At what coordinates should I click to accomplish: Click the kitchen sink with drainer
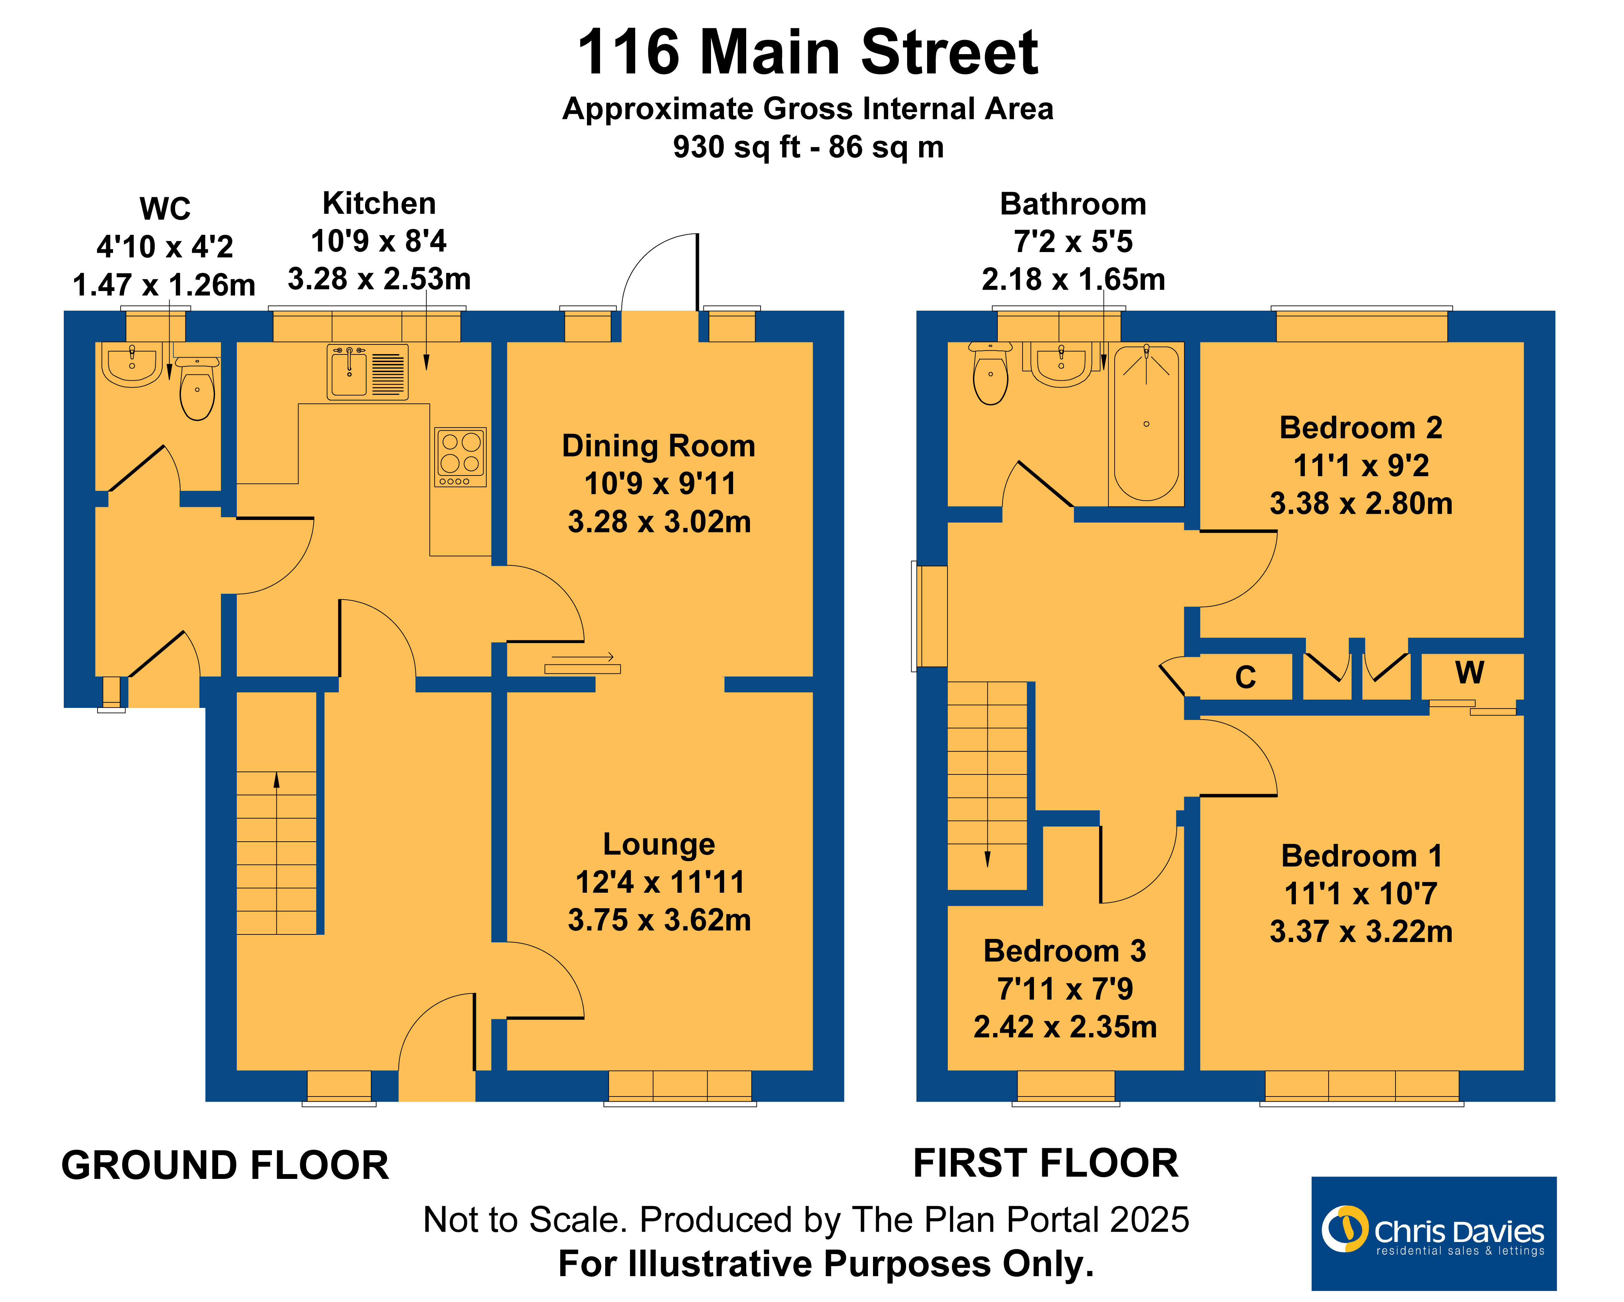[368, 371]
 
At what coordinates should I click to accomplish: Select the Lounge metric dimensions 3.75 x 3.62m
[659, 920]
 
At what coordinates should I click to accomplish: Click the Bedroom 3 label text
[1064, 951]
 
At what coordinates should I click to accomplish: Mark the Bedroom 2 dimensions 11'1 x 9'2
[1361, 465]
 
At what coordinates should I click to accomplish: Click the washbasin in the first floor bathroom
[1061, 365]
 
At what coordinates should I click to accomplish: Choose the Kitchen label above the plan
[379, 203]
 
